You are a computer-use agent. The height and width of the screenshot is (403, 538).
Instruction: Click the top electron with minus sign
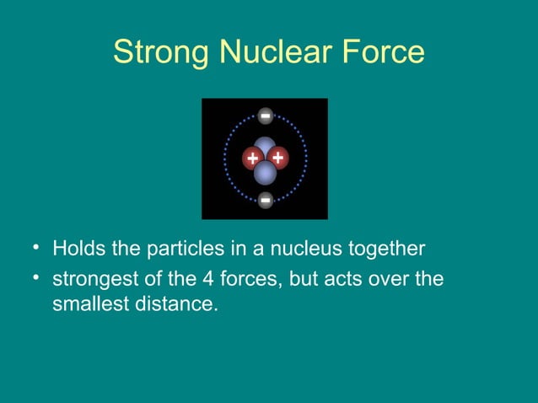point(265,116)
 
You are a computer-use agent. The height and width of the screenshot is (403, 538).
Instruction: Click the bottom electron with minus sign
point(265,201)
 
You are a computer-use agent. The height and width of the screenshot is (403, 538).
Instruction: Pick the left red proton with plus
point(252,158)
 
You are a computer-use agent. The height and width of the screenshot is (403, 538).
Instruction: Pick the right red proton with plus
point(278,158)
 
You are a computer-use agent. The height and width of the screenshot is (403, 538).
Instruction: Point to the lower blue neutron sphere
point(266,173)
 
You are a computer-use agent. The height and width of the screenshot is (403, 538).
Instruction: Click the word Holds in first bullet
point(75,250)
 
